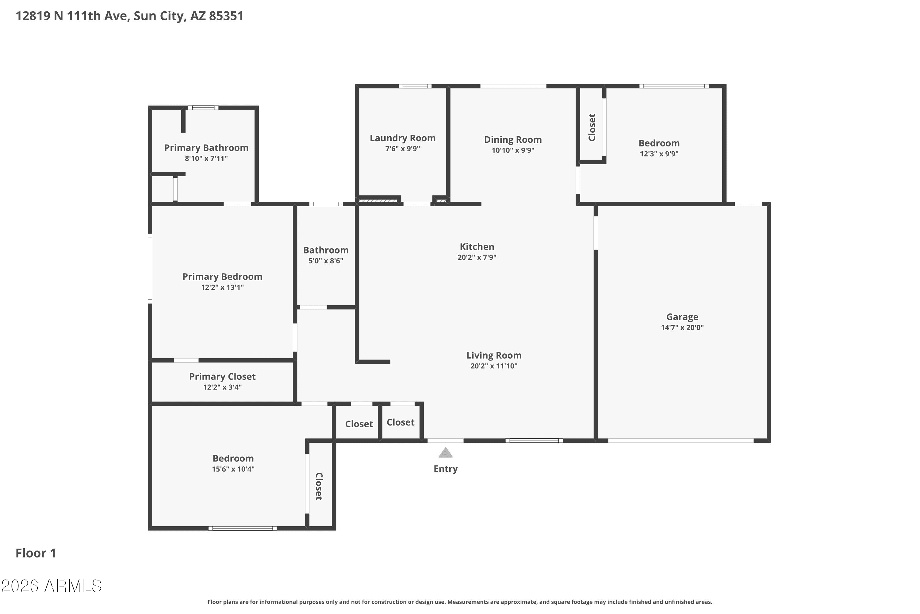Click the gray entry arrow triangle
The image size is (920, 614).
point(446,453)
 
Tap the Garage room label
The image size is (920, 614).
point(682,317)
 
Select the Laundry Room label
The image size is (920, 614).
point(402,138)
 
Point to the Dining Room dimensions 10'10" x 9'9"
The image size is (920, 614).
point(513,150)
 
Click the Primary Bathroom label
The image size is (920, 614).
point(206,148)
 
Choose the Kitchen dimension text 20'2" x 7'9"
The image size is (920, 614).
point(477,257)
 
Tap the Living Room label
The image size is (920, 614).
point(494,356)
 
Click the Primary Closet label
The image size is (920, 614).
point(222,377)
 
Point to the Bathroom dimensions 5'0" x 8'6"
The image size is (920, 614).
point(326,261)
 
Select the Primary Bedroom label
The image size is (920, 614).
point(222,277)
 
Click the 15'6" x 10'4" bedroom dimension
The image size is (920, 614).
point(233,469)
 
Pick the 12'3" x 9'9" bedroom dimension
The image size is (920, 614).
point(659,154)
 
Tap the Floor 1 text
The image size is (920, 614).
point(36,553)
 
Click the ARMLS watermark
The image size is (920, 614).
point(51,586)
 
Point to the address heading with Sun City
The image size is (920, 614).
point(129,16)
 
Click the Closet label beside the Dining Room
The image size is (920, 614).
point(592,127)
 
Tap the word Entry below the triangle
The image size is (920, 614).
point(446,469)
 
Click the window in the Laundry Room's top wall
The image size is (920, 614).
point(415,86)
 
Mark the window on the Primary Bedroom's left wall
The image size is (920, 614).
point(150,268)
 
